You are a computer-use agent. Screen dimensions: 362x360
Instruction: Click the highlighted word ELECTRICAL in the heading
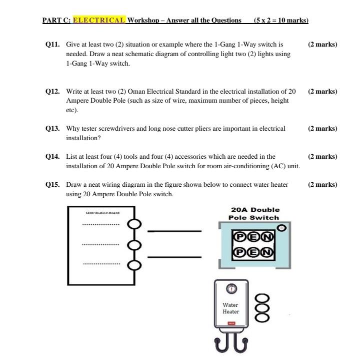tap(99, 21)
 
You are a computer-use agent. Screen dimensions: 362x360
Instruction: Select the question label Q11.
tap(52, 45)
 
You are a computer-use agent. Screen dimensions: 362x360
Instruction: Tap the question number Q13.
tap(52, 129)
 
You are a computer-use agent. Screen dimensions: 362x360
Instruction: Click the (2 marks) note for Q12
tap(322, 92)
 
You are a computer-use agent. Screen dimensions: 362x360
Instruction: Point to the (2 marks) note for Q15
tap(322, 185)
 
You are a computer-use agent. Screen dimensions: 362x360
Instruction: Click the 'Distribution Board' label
tap(102, 213)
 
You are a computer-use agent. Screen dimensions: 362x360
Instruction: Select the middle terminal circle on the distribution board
tap(133, 245)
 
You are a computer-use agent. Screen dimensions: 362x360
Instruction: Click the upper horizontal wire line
tap(174, 231)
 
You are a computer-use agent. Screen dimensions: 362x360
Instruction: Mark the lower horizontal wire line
tap(174, 257)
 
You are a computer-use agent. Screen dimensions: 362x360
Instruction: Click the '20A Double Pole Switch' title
tap(254, 214)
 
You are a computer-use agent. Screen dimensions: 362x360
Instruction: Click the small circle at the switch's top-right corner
tap(281, 228)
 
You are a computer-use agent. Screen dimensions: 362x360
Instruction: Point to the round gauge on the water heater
tap(231, 288)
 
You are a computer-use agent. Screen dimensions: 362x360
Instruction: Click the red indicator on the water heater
tap(231, 324)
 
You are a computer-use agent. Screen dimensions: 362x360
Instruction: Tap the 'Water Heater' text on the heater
tap(231, 308)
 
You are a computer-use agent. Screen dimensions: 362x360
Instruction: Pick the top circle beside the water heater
tap(262, 297)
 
